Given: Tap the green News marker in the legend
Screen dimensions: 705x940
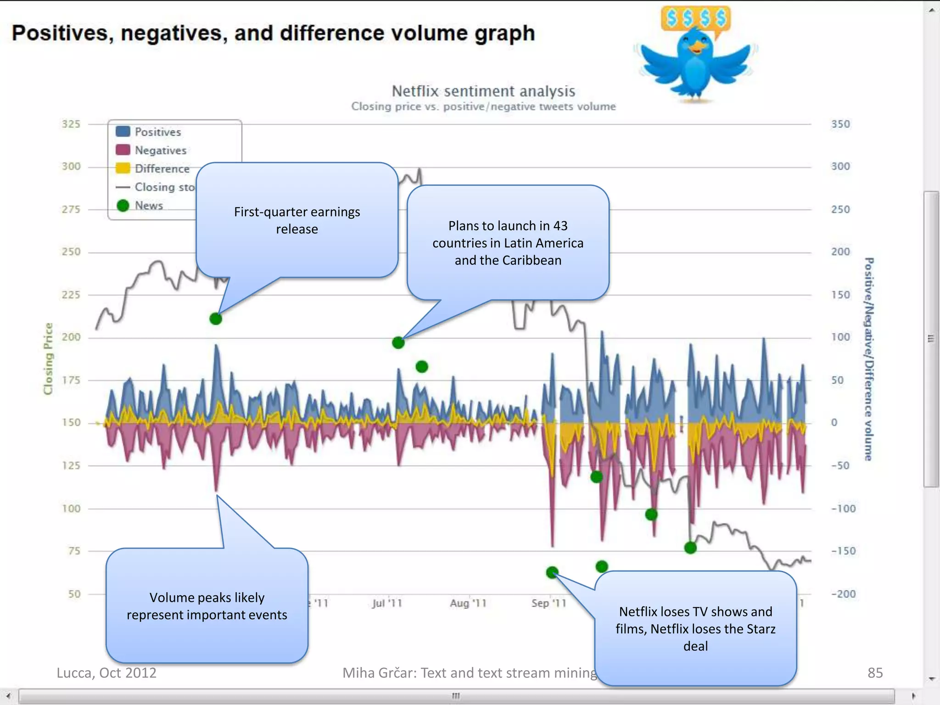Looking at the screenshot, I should tap(123, 206).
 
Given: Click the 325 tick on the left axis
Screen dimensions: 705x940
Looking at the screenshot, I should tap(71, 124).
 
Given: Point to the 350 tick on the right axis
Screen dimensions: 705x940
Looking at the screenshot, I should tap(840, 124).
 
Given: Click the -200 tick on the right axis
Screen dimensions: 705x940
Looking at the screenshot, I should tap(844, 594).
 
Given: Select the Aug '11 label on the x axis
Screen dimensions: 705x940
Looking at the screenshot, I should tap(468, 603).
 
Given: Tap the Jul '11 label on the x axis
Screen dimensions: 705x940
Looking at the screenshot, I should tap(387, 603).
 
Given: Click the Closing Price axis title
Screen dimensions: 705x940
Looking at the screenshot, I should tap(48, 358).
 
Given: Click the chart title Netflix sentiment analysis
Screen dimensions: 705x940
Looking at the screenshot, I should tap(483, 91).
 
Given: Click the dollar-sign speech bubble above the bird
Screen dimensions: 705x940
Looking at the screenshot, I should tap(696, 18).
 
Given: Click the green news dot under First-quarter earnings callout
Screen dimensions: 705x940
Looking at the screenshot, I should tap(216, 319).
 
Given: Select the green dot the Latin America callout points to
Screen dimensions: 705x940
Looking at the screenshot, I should tap(398, 342).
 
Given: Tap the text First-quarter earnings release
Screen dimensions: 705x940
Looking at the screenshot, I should tap(297, 220).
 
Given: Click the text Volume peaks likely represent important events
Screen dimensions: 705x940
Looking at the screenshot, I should tap(207, 606).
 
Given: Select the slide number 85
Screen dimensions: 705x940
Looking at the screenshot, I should tap(875, 673).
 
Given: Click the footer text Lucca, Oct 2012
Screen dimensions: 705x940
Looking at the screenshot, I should tap(106, 673).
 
